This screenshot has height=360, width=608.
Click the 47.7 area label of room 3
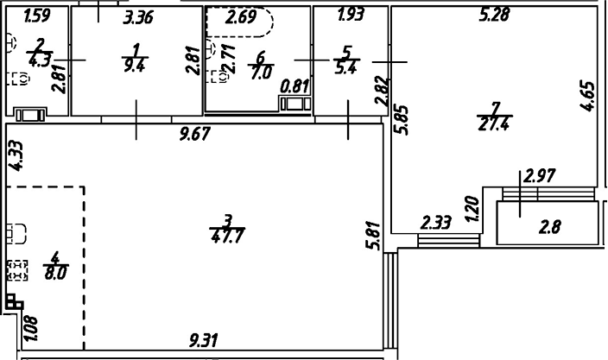tap(225, 235)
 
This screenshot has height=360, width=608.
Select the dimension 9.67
tap(195, 134)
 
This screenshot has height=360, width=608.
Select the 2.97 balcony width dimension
tap(539, 175)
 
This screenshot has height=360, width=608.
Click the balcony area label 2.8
tap(550, 228)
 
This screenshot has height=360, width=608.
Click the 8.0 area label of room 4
tap(54, 268)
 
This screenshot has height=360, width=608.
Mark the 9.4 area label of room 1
tap(133, 64)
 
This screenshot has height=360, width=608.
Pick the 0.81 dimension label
tap(295, 86)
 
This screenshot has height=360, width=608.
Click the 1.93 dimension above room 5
tap(349, 15)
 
